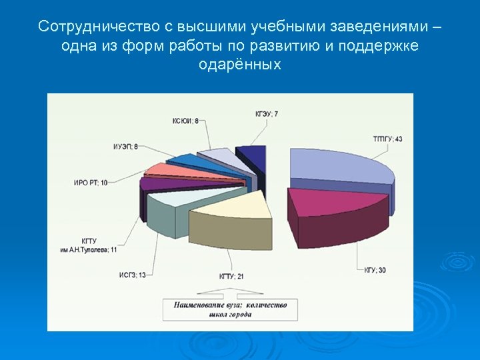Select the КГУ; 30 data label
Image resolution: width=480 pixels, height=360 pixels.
(375, 270)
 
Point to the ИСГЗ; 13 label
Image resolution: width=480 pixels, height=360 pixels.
(132, 274)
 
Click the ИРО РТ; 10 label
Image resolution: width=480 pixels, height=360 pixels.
(90, 182)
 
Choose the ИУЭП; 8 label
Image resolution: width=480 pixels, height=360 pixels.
(126, 146)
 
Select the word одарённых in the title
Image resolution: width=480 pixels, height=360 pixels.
(240, 65)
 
